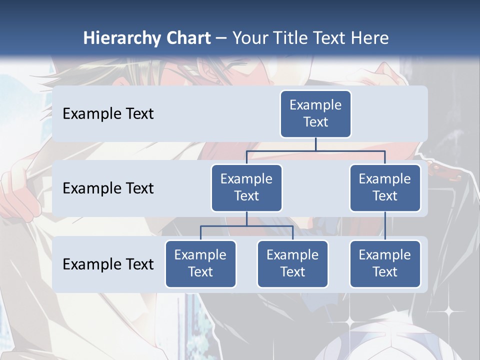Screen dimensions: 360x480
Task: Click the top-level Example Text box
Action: click(315, 113)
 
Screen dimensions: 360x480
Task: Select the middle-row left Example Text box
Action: click(246, 187)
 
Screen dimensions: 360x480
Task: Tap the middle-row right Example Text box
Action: click(385, 187)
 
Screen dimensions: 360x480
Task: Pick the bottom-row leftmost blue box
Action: click(200, 263)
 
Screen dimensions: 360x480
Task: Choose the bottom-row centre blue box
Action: click(292, 263)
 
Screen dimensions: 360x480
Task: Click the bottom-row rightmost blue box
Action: click(385, 263)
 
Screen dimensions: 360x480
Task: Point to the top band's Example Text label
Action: click(108, 113)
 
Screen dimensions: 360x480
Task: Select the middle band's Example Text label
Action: click(108, 188)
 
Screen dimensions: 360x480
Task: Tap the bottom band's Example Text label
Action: click(108, 264)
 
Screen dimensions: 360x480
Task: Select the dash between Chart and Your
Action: click(221, 38)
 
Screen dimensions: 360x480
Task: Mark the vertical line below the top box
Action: click(315, 144)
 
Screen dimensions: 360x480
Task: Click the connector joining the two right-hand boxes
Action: click(385, 226)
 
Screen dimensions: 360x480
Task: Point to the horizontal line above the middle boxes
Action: click(315, 150)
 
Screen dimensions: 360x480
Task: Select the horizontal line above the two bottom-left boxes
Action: click(246, 226)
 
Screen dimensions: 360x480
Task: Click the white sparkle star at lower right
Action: click(448, 311)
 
